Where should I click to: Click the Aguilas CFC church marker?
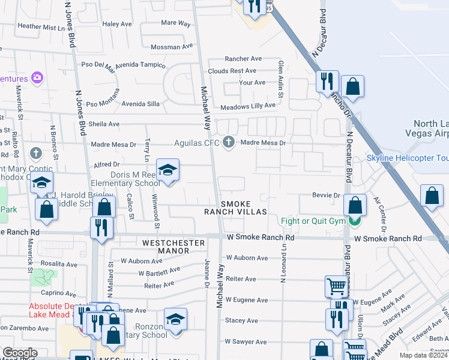(228, 143)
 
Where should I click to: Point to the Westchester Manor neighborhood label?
(173, 246)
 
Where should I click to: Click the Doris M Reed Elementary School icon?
(168, 170)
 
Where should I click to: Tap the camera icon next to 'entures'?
(37, 78)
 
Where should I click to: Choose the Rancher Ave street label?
(243, 59)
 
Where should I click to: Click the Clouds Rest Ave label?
(240, 71)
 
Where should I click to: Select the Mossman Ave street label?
(172, 47)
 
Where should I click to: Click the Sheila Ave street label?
(104, 124)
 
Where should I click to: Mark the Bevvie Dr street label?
(326, 196)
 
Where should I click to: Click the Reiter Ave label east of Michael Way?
(241, 279)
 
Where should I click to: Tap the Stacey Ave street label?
(241, 321)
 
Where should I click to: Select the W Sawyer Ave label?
(246, 343)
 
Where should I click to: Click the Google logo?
(20, 353)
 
